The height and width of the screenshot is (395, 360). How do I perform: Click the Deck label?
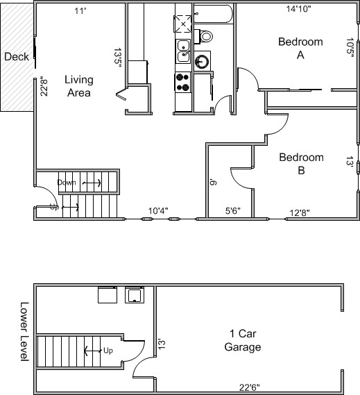click(17, 57)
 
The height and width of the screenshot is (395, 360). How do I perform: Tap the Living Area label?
click(79, 86)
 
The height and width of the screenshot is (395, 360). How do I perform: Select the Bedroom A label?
click(300, 48)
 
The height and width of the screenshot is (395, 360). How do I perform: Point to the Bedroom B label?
click(301, 164)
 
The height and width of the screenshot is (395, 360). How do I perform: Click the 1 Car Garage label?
click(243, 340)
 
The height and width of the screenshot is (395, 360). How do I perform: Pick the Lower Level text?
click(24, 332)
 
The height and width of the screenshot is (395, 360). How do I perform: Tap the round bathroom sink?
click(202, 61)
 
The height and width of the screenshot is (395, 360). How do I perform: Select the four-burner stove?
click(183, 82)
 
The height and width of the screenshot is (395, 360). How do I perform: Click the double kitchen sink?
click(183, 51)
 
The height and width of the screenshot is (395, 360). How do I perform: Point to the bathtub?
click(214, 14)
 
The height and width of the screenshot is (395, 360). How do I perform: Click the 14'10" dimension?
click(298, 9)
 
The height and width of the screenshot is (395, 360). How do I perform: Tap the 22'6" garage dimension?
click(250, 387)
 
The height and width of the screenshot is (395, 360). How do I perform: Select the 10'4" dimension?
click(158, 210)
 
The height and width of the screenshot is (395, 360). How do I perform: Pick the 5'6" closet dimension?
click(233, 210)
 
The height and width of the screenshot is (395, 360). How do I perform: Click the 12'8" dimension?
click(300, 213)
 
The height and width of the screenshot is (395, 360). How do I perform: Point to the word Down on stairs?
click(67, 183)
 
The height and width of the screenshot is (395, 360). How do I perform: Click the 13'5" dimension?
click(118, 59)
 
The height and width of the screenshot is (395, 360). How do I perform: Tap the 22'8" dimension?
click(44, 86)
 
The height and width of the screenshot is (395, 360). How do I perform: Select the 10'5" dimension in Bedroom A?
click(350, 48)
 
